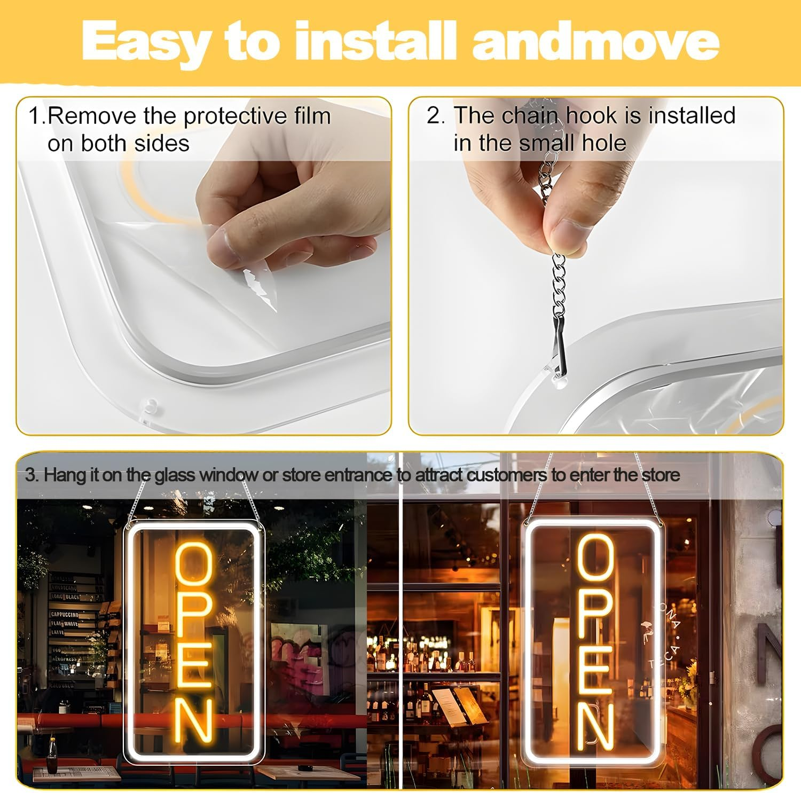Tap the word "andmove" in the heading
595,42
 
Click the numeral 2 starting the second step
434,116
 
